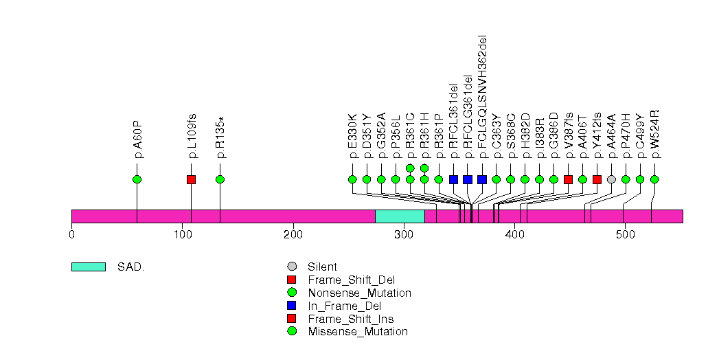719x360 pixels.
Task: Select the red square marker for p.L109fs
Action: (192, 179)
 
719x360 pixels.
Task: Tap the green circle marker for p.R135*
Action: (220, 179)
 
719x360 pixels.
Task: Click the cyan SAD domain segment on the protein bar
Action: (400, 216)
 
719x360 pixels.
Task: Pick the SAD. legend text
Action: (130, 267)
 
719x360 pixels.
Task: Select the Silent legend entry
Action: (322, 267)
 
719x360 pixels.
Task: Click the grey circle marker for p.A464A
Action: (611, 179)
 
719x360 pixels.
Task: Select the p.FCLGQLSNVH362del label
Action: (482, 96)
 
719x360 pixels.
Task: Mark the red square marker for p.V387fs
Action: (568, 179)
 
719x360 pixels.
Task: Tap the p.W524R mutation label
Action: (654, 133)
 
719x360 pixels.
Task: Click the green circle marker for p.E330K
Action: (352, 179)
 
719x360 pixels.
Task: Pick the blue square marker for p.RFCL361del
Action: (453, 179)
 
